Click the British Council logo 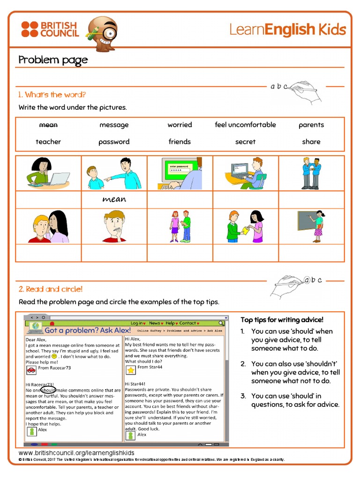coord(49,29)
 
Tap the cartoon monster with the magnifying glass coord(103,33)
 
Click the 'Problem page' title coord(53,60)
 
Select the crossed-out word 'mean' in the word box coord(48,125)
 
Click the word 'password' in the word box coord(114,142)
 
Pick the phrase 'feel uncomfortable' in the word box coord(245,125)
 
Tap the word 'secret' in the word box coord(245,142)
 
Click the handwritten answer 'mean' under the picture coord(114,199)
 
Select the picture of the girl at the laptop coord(48,173)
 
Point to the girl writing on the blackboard coord(311,226)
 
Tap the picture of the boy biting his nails coord(114,226)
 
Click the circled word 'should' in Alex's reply coord(48,390)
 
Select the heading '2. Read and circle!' coord(51,289)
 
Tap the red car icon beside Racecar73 coord(31,370)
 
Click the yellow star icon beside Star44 coord(130,370)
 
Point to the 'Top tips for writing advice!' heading coord(282,320)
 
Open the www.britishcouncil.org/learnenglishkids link coord(76,453)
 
